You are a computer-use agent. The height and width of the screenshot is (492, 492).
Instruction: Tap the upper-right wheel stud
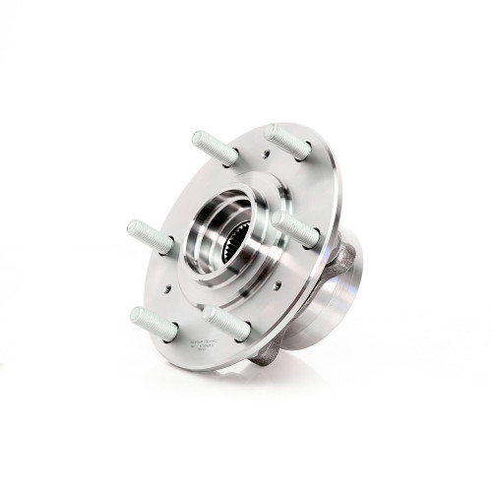click(x=290, y=143)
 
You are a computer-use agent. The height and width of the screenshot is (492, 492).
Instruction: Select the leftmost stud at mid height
click(x=151, y=237)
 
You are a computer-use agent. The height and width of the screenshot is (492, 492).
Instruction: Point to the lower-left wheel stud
click(x=154, y=324)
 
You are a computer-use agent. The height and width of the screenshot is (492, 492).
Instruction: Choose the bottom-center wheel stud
click(x=227, y=323)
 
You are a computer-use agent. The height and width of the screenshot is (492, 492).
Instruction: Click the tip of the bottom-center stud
click(x=211, y=314)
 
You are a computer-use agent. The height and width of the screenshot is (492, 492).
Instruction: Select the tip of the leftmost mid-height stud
click(x=134, y=228)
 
